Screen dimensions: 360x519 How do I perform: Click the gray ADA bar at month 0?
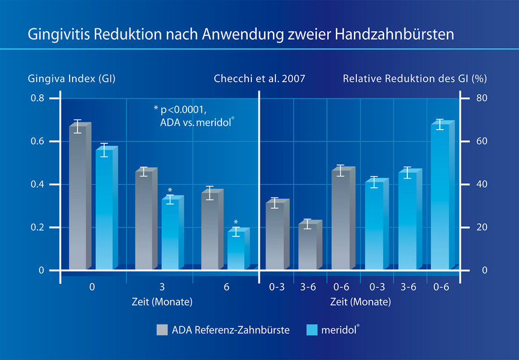(78, 198)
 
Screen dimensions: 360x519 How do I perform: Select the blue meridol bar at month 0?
(104, 210)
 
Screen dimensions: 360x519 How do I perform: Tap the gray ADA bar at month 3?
(144, 222)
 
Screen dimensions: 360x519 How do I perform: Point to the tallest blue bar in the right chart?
(440, 198)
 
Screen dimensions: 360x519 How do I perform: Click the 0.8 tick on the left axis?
(37, 98)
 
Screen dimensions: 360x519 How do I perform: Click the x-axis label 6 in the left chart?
(226, 287)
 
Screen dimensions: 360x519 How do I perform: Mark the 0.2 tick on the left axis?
(37, 227)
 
